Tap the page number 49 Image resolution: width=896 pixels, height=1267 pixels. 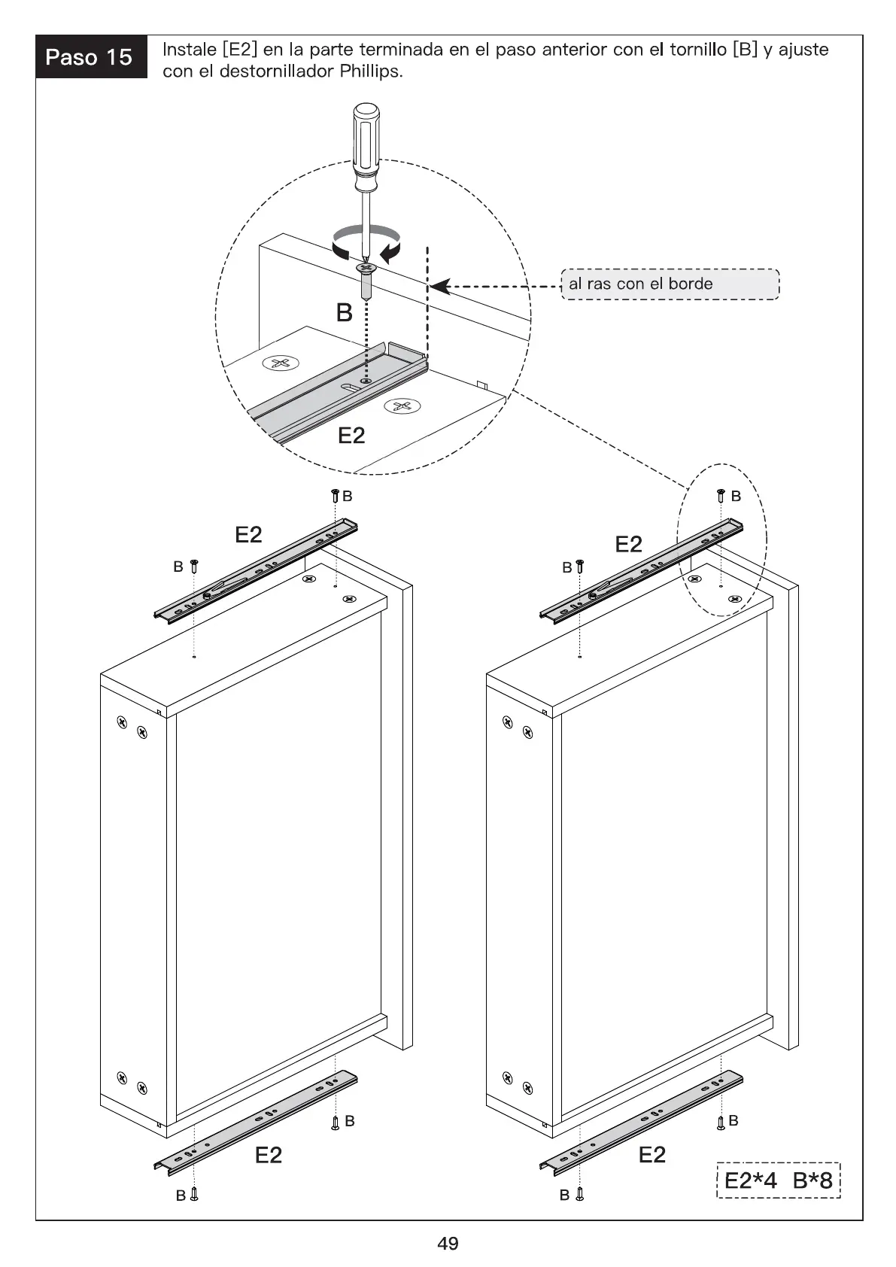tap(448, 1244)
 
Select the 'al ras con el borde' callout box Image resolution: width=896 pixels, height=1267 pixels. tap(670, 284)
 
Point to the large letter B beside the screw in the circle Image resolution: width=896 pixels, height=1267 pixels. tap(344, 312)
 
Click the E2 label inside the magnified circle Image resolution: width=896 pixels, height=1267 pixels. tap(351, 436)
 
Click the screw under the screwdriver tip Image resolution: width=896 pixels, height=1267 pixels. tap(366, 279)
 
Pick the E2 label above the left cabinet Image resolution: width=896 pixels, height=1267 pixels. tap(248, 534)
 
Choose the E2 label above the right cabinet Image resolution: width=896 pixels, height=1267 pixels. tap(628, 544)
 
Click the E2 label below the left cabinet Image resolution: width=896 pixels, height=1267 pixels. tap(268, 1155)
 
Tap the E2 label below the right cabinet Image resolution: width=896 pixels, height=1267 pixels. tap(651, 1155)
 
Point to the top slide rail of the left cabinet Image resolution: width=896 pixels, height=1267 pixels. tap(256, 570)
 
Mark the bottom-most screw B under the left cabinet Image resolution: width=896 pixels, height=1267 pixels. tap(194, 1194)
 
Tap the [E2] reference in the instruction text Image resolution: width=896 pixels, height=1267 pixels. tap(240, 50)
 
